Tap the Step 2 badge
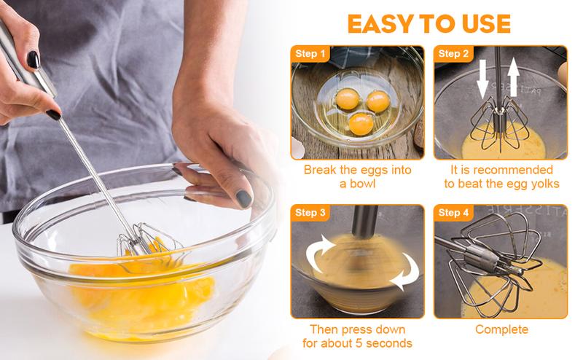click(455, 53)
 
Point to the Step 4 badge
click(455, 212)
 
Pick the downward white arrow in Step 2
click(481, 82)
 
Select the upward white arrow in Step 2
click(514, 81)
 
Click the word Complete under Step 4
click(501, 329)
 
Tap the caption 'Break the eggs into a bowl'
click(357, 177)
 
